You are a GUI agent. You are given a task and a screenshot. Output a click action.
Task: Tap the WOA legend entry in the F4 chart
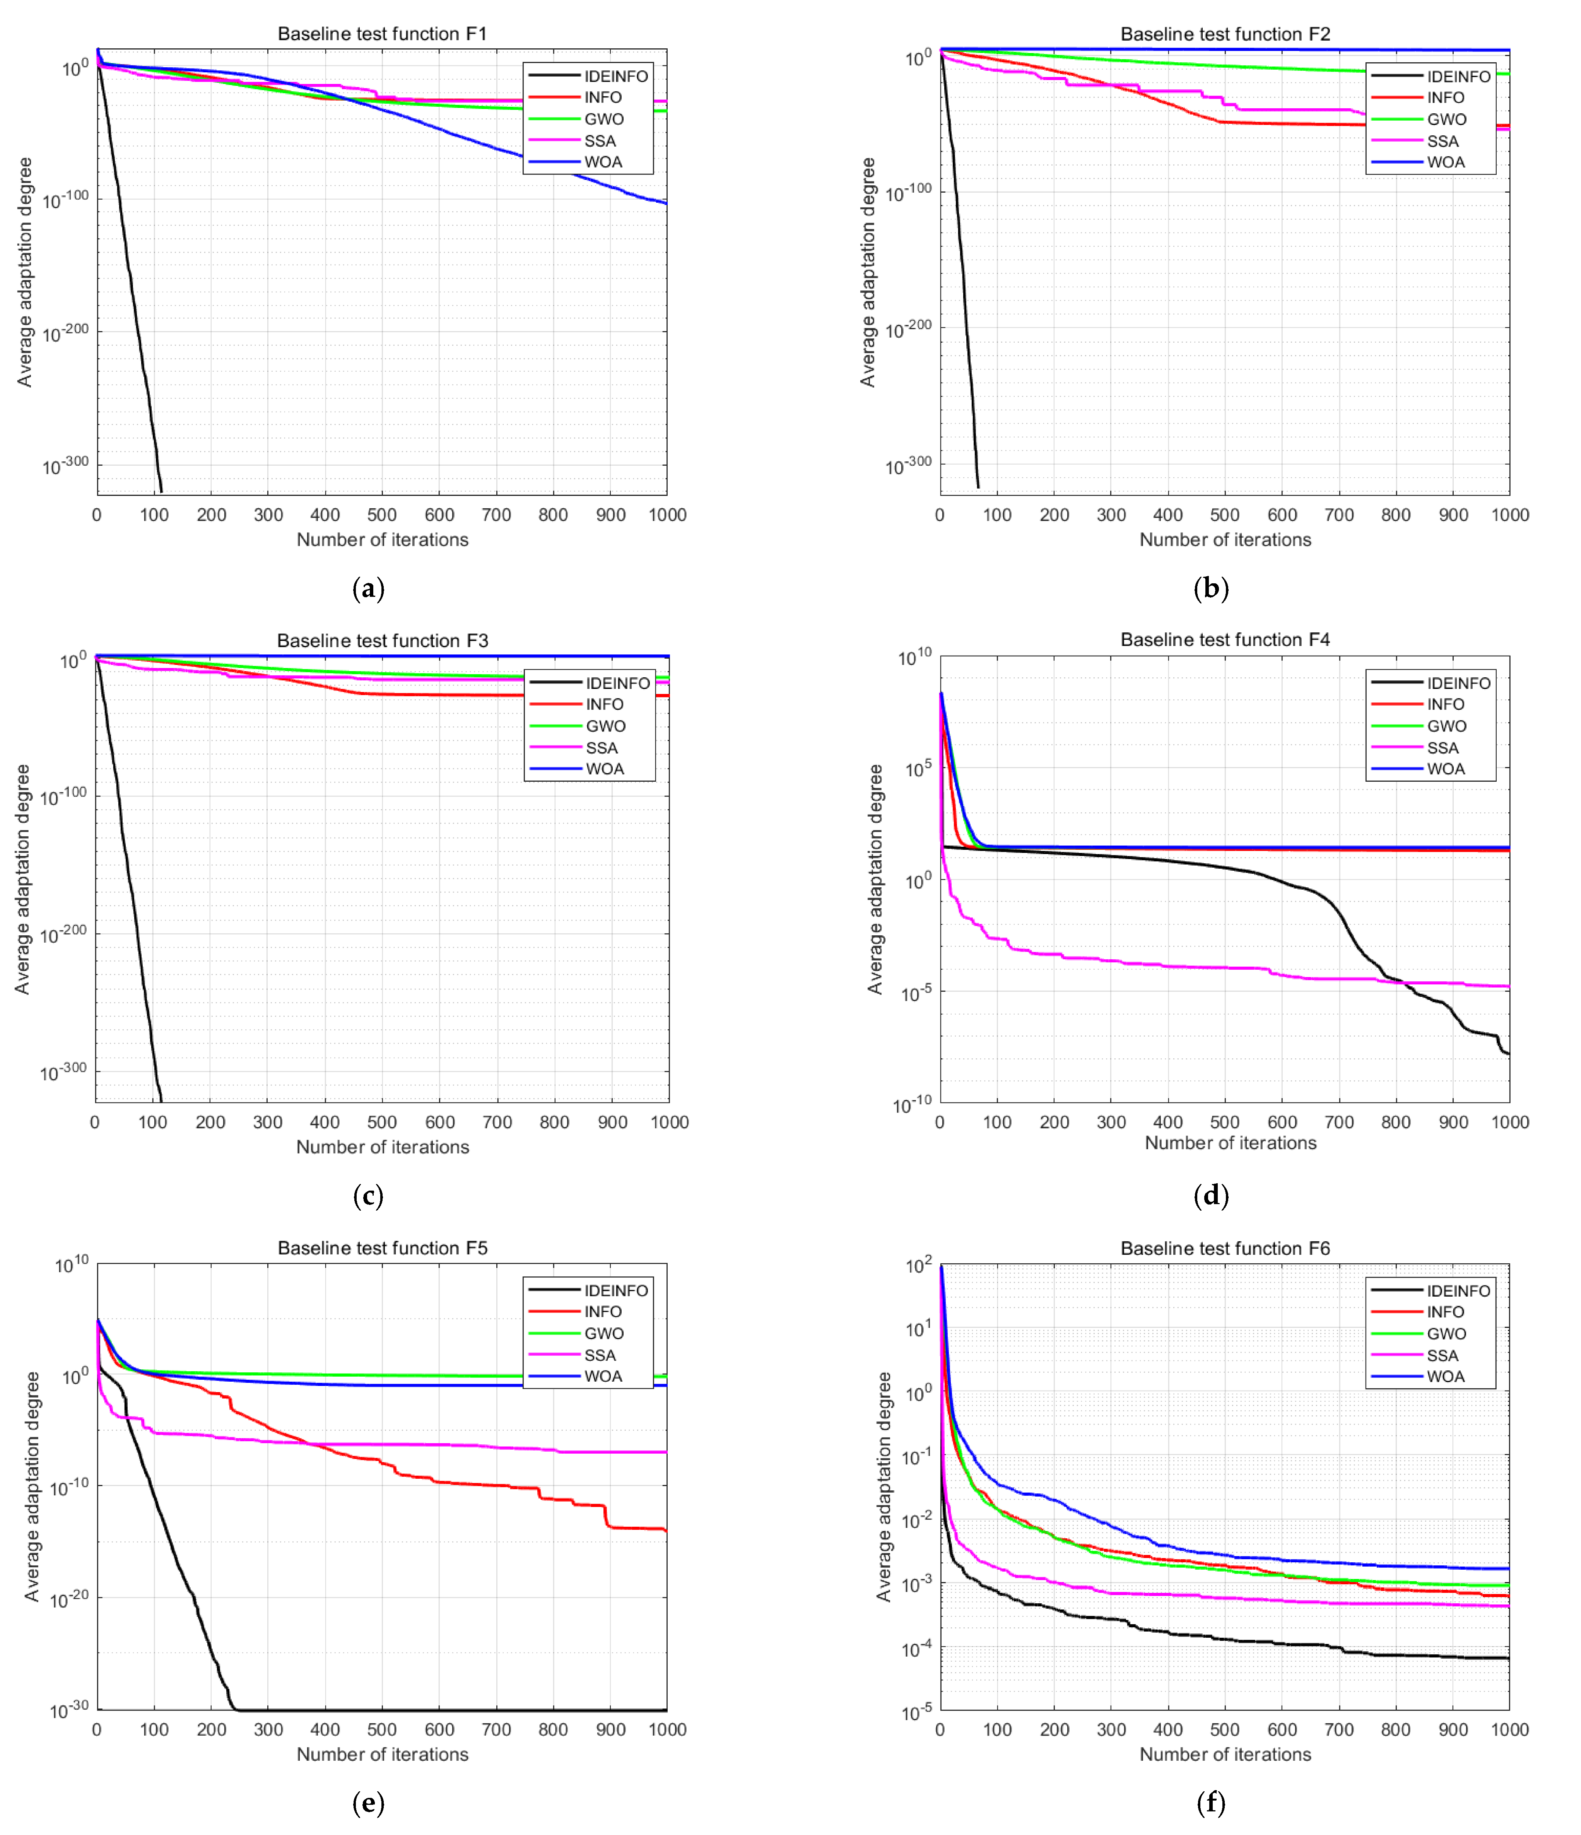point(1446,769)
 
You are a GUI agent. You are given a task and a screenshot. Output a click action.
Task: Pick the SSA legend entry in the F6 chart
point(1442,1355)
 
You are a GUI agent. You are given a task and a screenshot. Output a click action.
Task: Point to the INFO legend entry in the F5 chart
point(602,1312)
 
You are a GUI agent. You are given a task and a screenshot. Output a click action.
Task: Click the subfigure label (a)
point(368,589)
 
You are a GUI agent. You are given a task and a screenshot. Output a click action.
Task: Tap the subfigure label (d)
point(1211,1196)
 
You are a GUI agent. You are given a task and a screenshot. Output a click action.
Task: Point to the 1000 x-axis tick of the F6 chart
point(1509,1730)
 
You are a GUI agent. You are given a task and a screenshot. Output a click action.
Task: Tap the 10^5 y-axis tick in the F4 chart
point(917,769)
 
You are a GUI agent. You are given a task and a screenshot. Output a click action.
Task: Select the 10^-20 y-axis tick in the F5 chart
point(69,1599)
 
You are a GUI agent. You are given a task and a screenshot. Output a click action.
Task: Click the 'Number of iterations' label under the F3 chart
point(383,1147)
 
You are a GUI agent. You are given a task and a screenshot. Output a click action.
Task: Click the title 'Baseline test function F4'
point(1225,639)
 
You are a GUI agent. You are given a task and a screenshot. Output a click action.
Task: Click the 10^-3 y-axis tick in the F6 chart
point(917,1584)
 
